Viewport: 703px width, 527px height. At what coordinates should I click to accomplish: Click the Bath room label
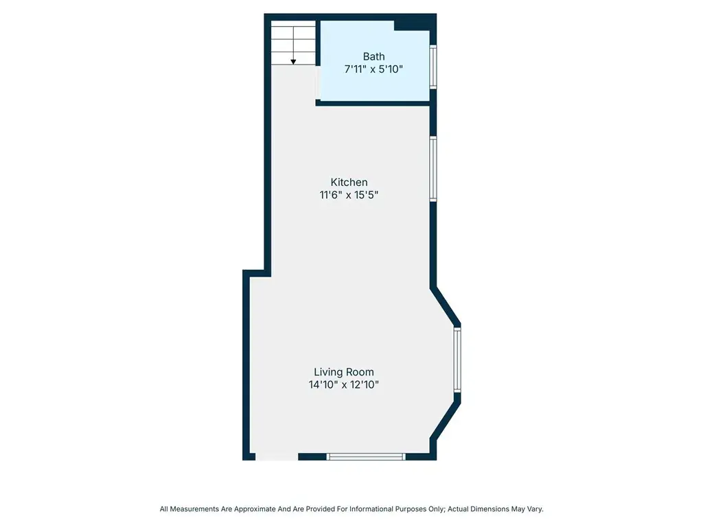coord(373,56)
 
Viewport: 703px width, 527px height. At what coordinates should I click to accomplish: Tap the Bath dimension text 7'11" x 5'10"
coord(373,69)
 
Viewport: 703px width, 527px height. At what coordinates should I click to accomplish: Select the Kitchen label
coord(349,182)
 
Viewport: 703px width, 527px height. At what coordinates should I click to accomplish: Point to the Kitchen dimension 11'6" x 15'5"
coord(349,194)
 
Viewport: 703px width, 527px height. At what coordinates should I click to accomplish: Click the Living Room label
coord(344,372)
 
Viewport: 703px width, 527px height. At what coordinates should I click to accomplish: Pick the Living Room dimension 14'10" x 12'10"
coord(344,384)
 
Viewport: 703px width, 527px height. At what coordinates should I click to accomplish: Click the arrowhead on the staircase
coord(293,62)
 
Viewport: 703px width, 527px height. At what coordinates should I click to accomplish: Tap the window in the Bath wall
coord(433,67)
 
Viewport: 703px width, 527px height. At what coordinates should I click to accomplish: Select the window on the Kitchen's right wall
coord(433,169)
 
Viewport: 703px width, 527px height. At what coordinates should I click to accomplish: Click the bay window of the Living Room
coord(457,360)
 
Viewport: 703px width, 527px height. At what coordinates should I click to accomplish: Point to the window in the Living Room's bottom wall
coord(366,456)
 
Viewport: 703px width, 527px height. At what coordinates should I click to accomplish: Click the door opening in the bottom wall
coord(277,456)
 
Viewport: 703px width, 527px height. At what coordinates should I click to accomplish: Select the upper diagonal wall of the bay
coord(445,305)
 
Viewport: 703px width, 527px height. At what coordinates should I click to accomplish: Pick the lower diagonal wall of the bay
coord(445,420)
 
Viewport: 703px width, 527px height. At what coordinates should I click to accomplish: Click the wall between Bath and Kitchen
coord(373,103)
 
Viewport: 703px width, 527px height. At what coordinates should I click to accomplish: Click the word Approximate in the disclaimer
coord(255,509)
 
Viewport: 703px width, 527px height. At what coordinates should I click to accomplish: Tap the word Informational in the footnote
coord(371,509)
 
